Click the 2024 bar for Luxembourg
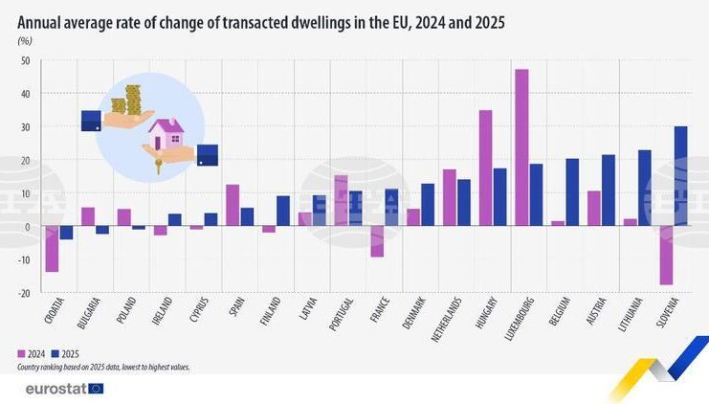click(x=521, y=147)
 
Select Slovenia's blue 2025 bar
click(x=680, y=176)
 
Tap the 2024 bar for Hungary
click(x=486, y=168)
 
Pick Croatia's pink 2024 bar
click(x=52, y=248)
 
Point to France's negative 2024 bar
click(x=377, y=241)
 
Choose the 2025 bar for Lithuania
click(x=644, y=188)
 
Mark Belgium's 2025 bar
click(x=572, y=192)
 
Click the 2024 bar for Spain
click(x=233, y=205)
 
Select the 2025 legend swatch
click(x=55, y=354)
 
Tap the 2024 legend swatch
click(x=21, y=354)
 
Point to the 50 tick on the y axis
click(x=25, y=60)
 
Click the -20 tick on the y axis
click(x=24, y=293)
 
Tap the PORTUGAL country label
click(x=342, y=314)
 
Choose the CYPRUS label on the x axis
click(x=199, y=310)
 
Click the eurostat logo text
click(x=56, y=389)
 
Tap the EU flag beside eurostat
click(x=96, y=389)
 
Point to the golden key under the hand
click(x=158, y=166)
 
